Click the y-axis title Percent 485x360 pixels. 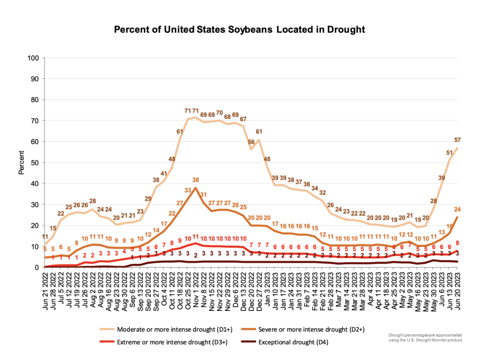(x=21, y=162)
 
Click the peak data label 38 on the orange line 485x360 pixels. (x=195, y=180)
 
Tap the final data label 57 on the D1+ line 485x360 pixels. (x=457, y=140)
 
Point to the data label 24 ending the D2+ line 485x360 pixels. (x=457, y=209)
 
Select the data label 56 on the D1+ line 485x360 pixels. (x=251, y=142)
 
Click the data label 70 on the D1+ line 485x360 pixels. (x=219, y=113)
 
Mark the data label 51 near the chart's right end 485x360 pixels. (x=449, y=153)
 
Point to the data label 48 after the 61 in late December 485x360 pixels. (x=267, y=159)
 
